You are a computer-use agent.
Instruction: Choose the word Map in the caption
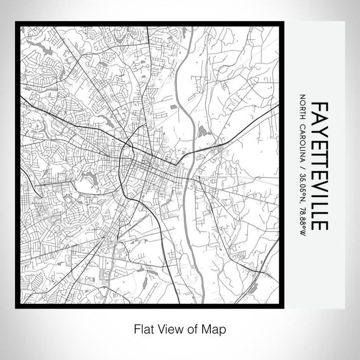(x=215, y=329)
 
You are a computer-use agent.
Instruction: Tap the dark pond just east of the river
(x=202, y=131)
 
